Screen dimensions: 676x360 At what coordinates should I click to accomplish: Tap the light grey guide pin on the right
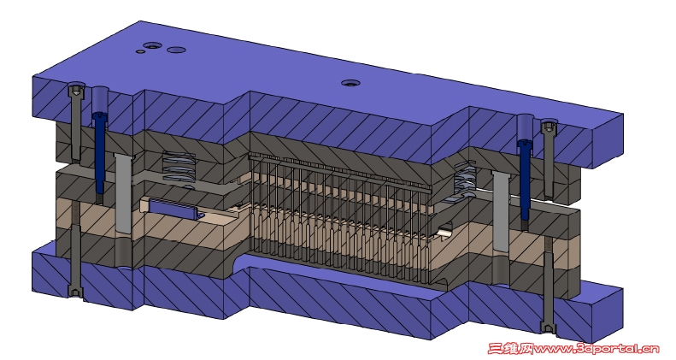coord(501,210)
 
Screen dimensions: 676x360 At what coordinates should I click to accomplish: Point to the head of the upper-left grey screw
coord(76,90)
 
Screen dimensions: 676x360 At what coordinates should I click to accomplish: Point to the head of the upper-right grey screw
coord(549,127)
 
